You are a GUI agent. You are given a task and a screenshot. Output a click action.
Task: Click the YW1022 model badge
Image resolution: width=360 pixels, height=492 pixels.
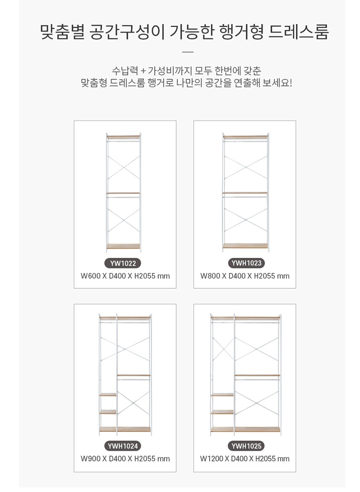click(123, 263)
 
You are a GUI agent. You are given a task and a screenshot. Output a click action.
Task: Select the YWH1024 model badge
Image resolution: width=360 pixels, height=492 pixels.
click(123, 446)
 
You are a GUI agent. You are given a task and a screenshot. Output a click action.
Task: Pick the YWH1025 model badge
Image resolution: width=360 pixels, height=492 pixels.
click(246, 446)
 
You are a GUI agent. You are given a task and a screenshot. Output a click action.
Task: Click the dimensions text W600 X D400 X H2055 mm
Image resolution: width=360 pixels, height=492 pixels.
click(125, 276)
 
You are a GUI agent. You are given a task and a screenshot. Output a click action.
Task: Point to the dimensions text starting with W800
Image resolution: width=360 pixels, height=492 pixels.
click(245, 276)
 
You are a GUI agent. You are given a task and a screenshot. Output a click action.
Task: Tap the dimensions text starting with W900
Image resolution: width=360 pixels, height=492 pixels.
click(125, 459)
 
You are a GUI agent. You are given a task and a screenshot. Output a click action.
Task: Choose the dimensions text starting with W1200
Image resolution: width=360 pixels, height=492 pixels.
click(245, 459)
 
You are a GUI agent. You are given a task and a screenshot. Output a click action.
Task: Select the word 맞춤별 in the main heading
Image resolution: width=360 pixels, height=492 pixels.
click(62, 32)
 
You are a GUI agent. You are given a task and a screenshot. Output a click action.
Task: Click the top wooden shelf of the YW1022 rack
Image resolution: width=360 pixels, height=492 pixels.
click(123, 137)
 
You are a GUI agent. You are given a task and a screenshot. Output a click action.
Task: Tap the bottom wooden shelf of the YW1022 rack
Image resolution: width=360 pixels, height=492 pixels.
click(123, 246)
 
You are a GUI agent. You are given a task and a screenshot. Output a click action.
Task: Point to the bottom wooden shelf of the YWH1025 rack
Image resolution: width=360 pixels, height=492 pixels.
click(246, 429)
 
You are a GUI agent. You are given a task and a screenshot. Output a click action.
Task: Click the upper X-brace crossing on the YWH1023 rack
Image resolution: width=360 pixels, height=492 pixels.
click(245, 167)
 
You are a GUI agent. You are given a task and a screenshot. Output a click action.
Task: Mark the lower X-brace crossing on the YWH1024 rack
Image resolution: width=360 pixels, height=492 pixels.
click(134, 402)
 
